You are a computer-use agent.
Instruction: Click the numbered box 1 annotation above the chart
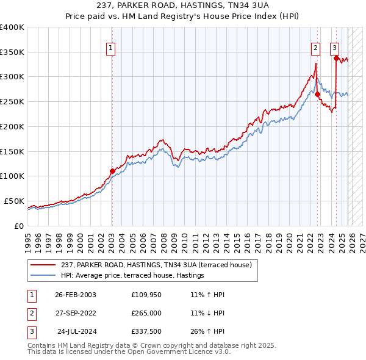tap(112, 49)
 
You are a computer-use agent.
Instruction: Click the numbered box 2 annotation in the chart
tap(315, 49)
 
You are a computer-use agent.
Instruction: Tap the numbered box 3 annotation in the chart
tap(335, 49)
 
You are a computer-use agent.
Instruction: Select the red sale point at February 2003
tap(112, 171)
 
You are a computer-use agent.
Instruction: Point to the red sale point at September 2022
tap(318, 94)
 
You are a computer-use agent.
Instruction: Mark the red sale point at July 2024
tap(336, 58)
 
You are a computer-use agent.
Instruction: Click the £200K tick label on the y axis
tap(12, 126)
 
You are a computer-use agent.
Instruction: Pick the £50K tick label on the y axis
tap(15, 201)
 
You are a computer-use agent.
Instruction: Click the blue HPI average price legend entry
tap(132, 276)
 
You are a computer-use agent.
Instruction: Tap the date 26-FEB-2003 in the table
tap(76, 295)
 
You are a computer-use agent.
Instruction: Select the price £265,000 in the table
tap(146, 313)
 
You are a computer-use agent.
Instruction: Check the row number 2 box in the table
tap(31, 313)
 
